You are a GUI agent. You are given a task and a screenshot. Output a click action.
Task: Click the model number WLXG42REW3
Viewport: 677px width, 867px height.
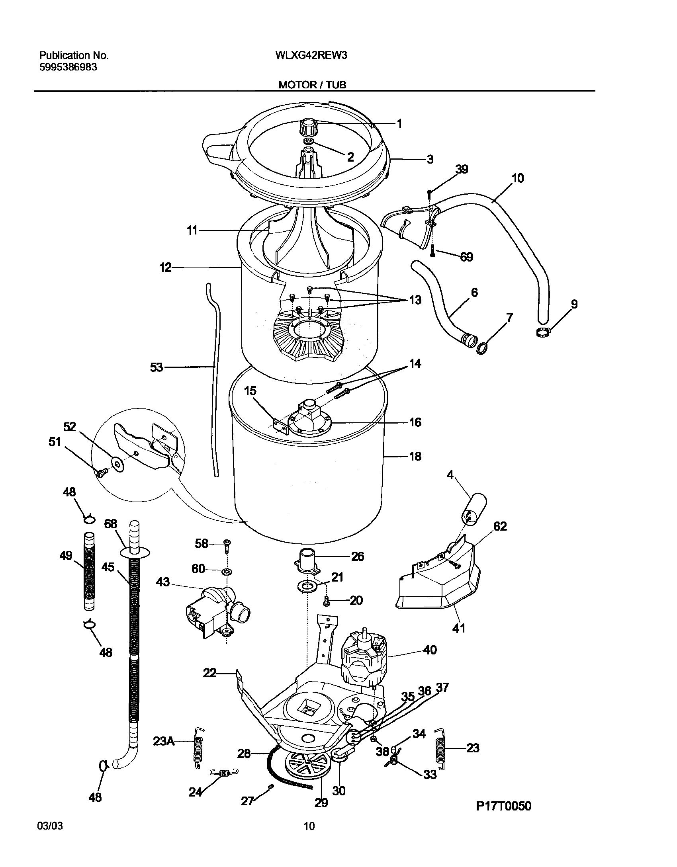(311, 56)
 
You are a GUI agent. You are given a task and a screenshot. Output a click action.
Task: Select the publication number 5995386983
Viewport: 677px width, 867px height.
(68, 67)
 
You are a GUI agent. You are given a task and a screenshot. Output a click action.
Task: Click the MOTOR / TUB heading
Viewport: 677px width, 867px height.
(312, 85)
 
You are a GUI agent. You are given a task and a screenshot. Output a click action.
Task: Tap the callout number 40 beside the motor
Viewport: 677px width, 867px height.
(430, 650)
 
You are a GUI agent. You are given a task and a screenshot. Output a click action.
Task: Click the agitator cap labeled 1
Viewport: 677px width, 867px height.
(306, 128)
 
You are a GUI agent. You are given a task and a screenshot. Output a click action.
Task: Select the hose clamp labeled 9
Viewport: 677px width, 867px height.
(544, 330)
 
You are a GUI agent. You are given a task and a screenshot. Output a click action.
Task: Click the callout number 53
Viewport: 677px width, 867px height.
(156, 367)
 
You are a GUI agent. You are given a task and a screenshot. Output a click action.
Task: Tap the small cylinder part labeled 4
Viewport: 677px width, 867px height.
(474, 508)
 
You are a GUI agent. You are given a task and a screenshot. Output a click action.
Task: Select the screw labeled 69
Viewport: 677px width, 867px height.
(433, 251)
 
